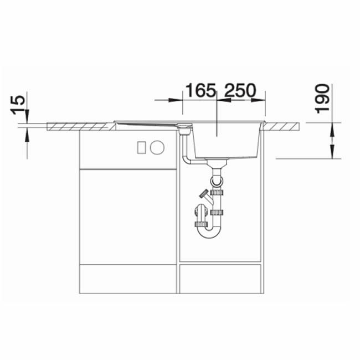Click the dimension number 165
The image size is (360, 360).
[x=200, y=90]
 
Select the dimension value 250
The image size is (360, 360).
[x=238, y=90]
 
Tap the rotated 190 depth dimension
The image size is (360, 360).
[x=322, y=99]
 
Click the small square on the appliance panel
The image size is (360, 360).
[x=141, y=147]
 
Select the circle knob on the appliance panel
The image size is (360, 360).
[x=157, y=147]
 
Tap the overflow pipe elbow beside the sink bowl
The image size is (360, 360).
[x=188, y=160]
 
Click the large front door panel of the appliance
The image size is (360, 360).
[x=128, y=216]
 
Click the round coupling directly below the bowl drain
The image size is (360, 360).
[x=217, y=181]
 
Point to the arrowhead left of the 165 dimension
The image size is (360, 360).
[x=179, y=100]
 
